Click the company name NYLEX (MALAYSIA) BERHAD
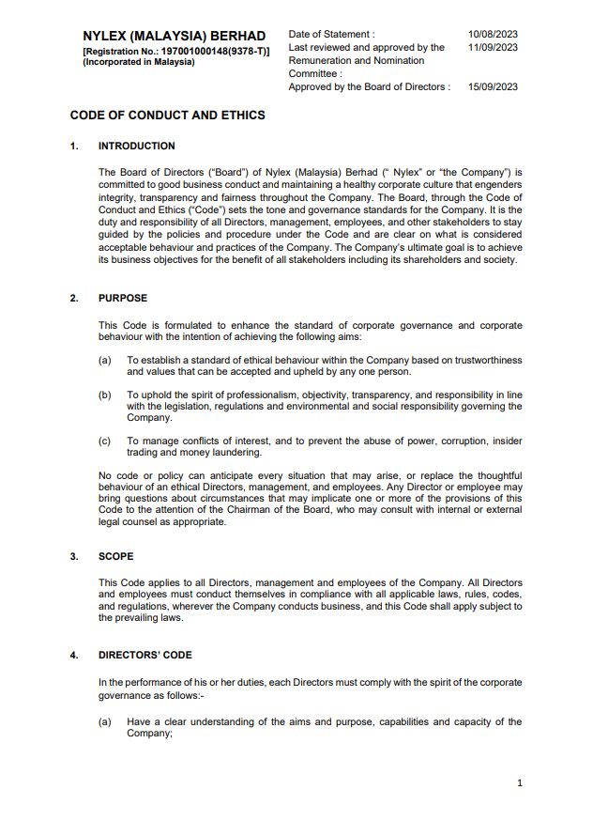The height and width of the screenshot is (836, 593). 174,36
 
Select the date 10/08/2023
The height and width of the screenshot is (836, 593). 493,34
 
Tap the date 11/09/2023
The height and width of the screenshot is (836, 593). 493,47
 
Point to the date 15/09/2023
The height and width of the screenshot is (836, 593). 493,86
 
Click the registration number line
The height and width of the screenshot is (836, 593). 176,50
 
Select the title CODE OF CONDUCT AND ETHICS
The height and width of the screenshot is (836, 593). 167,116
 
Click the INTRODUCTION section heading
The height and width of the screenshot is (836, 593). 136,146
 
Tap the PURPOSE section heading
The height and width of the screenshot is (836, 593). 122,298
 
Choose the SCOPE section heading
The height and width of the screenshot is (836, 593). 115,556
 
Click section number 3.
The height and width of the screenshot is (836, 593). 73,556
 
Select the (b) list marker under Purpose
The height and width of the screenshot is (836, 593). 105,395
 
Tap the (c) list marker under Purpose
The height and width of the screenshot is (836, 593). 105,441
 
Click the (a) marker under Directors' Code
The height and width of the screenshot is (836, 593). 105,721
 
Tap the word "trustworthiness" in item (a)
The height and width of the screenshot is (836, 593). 488,360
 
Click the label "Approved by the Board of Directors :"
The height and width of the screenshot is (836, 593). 369,86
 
